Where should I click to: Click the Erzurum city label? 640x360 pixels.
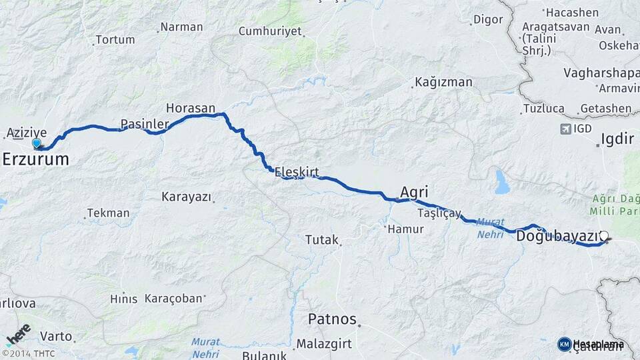coord(37,159)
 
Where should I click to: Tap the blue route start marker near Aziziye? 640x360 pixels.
coord(37,143)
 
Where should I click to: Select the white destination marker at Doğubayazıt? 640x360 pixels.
coord(604,235)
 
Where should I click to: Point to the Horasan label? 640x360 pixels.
coord(191,107)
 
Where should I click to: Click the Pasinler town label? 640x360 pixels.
coord(144,124)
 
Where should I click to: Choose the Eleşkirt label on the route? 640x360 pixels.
coord(297,172)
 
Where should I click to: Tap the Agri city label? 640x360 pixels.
coord(414,192)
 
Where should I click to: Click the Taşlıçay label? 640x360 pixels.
coord(439,213)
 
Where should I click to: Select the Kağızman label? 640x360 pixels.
coord(443,82)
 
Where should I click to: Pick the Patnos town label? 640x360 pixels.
coord(332,319)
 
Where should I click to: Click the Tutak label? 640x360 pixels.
coord(322,239)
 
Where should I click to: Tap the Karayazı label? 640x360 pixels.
coord(187,197)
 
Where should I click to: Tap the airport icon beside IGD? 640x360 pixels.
coord(567,128)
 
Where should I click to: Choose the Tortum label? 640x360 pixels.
coord(115,39)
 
